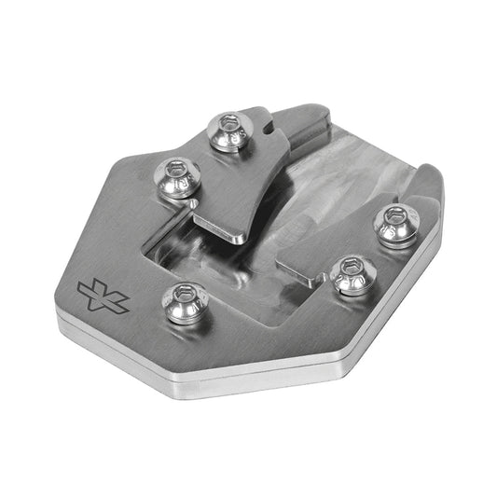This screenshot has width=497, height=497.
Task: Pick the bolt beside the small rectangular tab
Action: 350,275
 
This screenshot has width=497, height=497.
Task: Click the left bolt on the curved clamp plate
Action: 175,177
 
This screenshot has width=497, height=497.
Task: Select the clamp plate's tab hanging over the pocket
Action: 224,224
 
